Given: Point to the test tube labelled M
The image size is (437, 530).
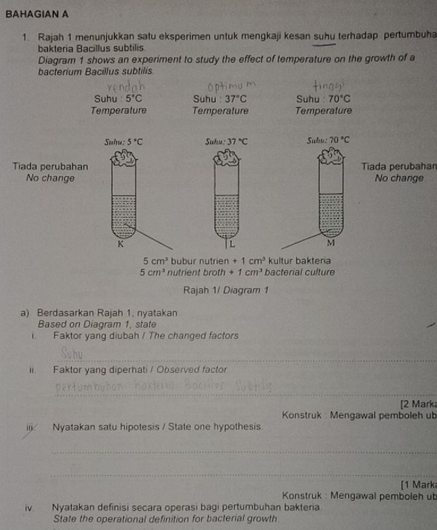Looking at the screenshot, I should click(331, 198).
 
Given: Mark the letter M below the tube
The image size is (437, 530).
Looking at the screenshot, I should click(330, 244).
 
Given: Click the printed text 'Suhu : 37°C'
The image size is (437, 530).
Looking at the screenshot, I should click(220, 98).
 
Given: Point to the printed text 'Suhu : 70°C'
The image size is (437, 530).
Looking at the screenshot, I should click(324, 98).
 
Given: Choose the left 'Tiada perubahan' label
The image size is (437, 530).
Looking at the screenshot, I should click(50, 167).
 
